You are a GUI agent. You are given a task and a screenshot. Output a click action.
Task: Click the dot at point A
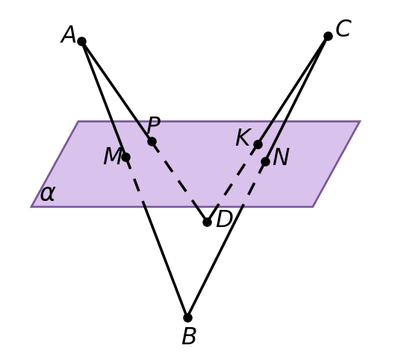coord(81,41)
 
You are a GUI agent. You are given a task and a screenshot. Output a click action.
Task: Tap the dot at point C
coord(328,36)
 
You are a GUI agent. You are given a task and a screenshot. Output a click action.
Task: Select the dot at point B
coord(187,317)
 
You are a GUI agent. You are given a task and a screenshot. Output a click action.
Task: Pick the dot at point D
coord(207,222)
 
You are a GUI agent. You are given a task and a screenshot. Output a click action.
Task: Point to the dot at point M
coord(125,157)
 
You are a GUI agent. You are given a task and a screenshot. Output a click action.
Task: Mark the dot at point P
coord(152,141)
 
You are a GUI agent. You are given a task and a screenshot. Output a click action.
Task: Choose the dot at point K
coord(258,144)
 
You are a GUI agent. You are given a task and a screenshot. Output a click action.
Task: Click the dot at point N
coord(265,161)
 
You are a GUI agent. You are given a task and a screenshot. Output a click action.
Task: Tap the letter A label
coord(68,34)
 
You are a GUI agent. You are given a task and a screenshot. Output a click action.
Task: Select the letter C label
coord(344,28)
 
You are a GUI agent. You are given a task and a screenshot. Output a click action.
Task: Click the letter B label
coord(189,336)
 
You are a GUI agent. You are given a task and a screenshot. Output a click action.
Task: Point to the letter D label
coord(224,219)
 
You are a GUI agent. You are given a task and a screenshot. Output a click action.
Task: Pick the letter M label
coord(112,156)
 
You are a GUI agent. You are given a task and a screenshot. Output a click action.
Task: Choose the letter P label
coord(154,125)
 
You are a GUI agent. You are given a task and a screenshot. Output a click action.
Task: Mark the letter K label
coord(243,137)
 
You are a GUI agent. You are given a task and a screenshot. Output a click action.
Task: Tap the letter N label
coord(281,157)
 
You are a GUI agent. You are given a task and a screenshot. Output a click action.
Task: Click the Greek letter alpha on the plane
coord(48,193)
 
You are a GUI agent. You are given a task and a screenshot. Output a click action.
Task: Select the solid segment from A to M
coord(104,99)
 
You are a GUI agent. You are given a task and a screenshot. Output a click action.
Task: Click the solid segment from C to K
coord(293,90)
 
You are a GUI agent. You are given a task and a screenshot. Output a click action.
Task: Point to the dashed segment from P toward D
coord(179,181)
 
